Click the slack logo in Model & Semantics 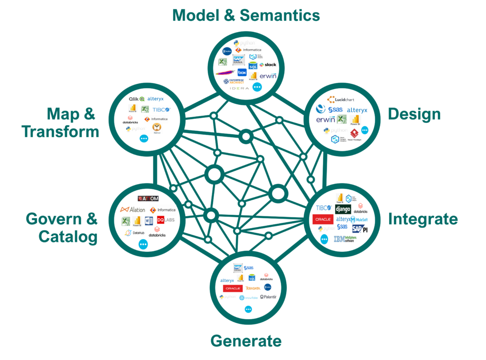pos(268,65)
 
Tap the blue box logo pos(242,73)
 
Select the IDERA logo pos(240,88)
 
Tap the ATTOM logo pos(148,198)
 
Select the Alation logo pos(132,210)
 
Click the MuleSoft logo pos(359,220)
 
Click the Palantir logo pos(268,297)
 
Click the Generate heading pos(246,341)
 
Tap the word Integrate pos(422,219)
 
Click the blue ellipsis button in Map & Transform pos(144,138)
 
